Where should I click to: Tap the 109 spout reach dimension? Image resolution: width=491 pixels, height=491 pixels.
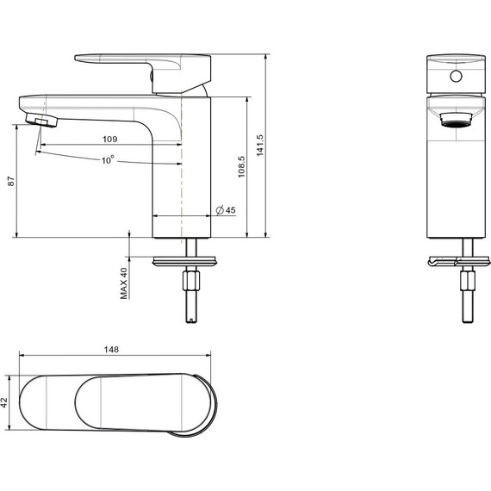tap(110, 139)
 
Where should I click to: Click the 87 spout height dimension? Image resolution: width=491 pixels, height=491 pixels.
tap(10, 182)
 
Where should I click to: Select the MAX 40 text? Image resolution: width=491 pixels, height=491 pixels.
tap(124, 283)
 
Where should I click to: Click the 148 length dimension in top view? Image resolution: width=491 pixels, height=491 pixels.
tap(110, 350)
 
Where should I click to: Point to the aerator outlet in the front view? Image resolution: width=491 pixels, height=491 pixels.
tap(457, 119)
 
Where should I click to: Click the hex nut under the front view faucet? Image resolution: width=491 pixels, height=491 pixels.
tap(467, 281)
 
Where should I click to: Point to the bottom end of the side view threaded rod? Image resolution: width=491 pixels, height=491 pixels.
tap(190, 320)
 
